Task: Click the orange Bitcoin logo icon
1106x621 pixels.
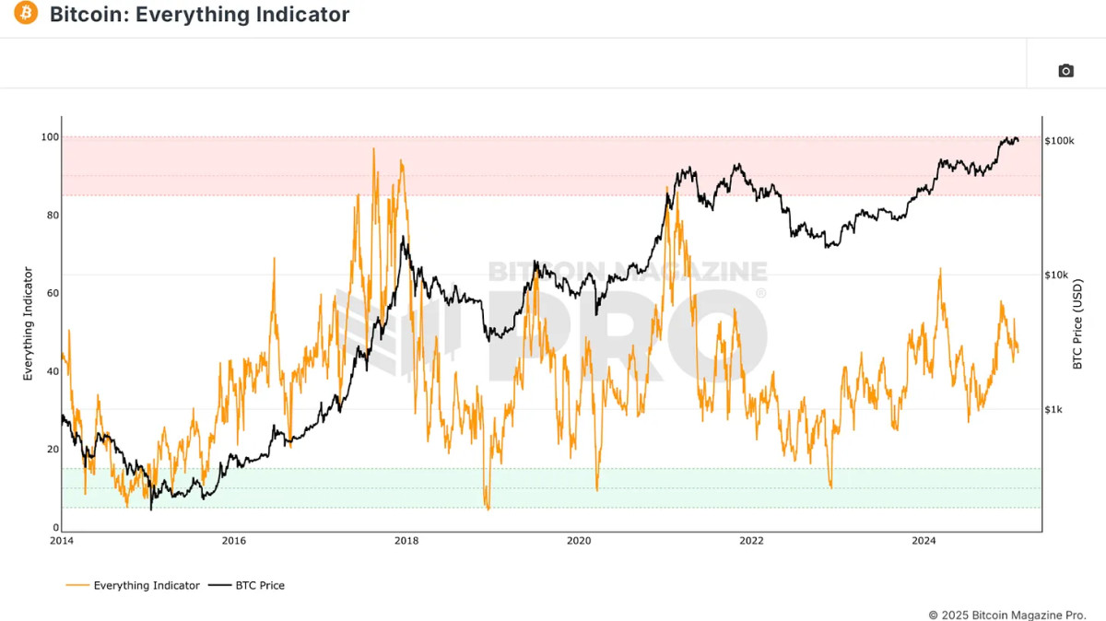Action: click(26, 14)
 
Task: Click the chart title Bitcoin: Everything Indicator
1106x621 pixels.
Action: click(199, 15)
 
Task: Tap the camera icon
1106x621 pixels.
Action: click(1065, 71)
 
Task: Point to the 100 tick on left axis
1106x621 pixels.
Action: click(49, 137)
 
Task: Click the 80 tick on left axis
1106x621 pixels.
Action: click(52, 216)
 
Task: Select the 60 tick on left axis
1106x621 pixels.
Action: click(52, 293)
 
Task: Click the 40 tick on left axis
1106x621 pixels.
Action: click(52, 371)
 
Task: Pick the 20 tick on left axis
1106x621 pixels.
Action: click(52, 450)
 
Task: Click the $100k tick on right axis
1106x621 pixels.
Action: click(1060, 141)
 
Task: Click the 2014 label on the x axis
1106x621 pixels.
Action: click(62, 541)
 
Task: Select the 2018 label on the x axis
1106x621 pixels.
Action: click(406, 541)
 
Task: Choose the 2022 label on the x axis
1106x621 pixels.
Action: click(751, 541)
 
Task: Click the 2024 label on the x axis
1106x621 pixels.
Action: click(924, 541)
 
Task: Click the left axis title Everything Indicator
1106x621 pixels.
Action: click(28, 323)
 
